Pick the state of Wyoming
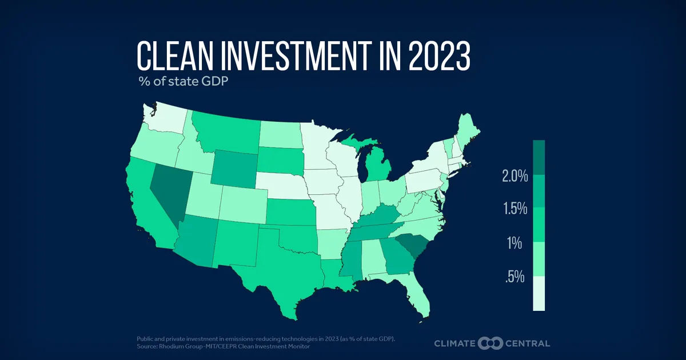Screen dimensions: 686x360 click(234, 169)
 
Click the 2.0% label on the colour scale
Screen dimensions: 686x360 click(515, 176)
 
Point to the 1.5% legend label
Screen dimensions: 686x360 click(516, 209)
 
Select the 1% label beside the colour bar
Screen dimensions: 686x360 click(514, 243)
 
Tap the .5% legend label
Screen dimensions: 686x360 click(515, 277)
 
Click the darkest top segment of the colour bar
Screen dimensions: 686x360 click(539, 157)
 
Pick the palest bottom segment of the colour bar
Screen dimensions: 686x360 click(539, 294)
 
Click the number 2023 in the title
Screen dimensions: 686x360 click(439, 57)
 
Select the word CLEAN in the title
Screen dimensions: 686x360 click(175, 57)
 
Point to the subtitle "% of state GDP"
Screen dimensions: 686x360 click(183, 81)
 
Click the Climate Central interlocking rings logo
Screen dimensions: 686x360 click(490, 343)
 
